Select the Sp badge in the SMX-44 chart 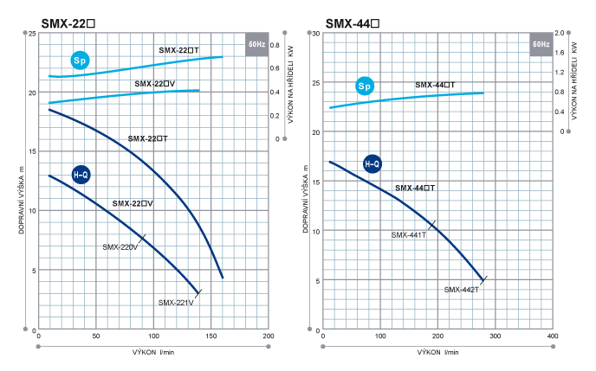(x=364, y=86)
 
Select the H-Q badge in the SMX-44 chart (x=372, y=163)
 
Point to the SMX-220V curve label (x=121, y=247)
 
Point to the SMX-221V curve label (x=176, y=303)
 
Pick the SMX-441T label (x=408, y=234)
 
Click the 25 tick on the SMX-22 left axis (x=31, y=34)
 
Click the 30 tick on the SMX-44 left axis (x=316, y=34)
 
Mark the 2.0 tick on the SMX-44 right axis (x=560, y=34)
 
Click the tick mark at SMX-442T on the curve (x=483, y=280)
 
